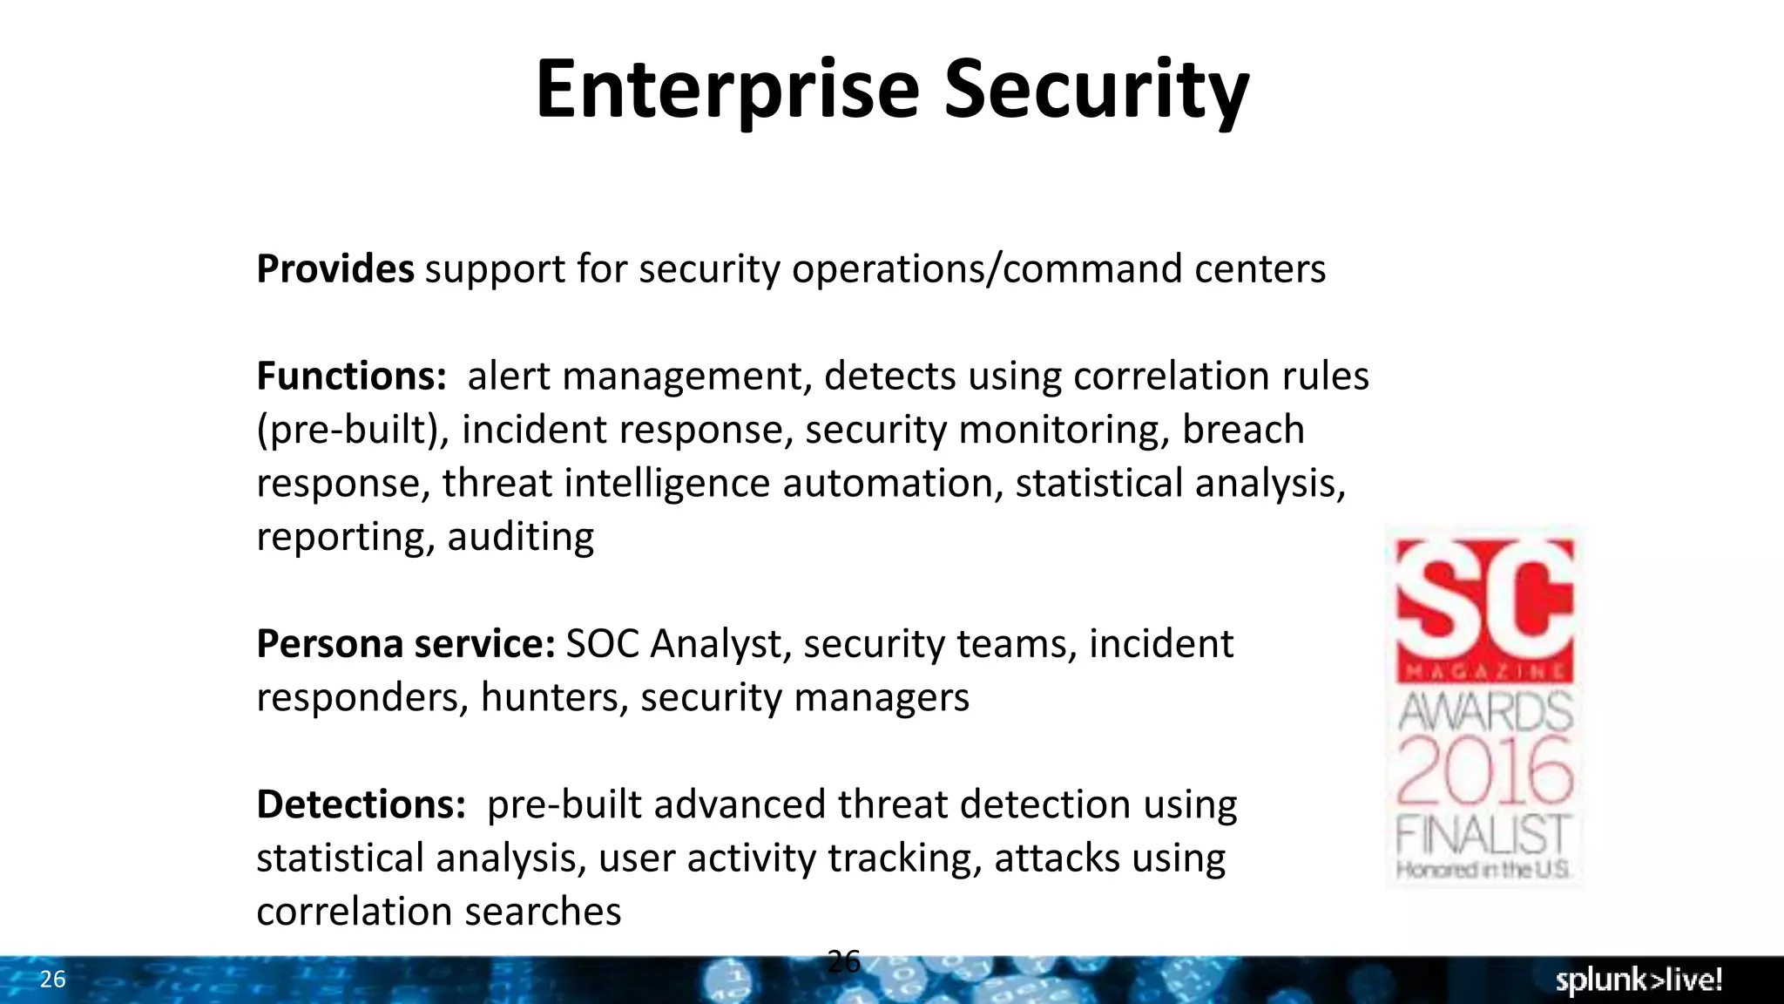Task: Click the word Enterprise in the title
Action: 727,90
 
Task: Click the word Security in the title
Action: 1097,90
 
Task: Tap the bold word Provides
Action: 334,268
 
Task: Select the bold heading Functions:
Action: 351,376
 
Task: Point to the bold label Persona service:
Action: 405,644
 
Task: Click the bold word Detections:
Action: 361,804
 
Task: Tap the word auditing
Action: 520,537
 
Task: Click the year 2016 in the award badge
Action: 1484,770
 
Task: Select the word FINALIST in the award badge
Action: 1483,834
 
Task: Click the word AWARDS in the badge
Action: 1484,711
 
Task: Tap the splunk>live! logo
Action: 1638,980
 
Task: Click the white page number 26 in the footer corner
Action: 52,980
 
